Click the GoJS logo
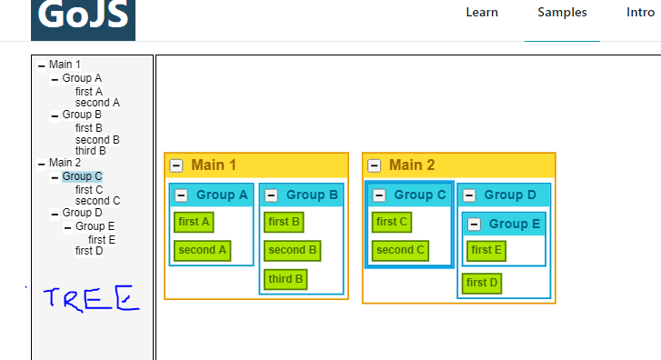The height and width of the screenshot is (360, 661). click(83, 18)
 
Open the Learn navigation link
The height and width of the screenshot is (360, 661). click(482, 13)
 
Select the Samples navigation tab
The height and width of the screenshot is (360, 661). click(562, 13)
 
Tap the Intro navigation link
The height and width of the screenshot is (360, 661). click(640, 13)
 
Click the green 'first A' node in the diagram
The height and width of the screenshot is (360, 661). click(194, 222)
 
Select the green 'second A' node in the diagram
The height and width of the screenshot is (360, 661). click(203, 250)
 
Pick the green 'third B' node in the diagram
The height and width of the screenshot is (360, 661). click(285, 279)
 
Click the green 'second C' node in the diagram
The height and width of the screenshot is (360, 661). click(400, 250)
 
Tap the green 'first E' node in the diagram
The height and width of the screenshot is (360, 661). click(486, 250)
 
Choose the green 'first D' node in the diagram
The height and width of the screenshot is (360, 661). click(482, 283)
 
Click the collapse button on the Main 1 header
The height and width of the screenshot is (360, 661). click(176, 165)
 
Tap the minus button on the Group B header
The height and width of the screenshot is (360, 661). click(272, 195)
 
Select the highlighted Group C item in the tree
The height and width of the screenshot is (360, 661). click(82, 176)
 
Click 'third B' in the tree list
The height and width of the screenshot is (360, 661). click(91, 151)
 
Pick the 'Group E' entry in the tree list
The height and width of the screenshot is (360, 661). click(95, 226)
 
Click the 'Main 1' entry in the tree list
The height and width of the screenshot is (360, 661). click(65, 65)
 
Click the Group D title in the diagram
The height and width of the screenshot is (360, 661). click(510, 195)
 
